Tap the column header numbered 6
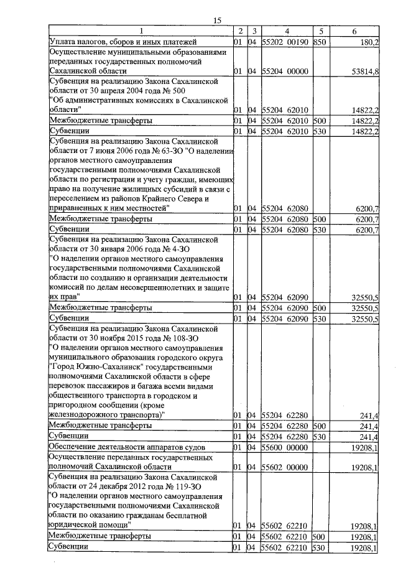354,31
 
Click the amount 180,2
367,42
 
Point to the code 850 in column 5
319,42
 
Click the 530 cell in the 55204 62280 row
319,436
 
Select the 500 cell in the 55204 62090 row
319,307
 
